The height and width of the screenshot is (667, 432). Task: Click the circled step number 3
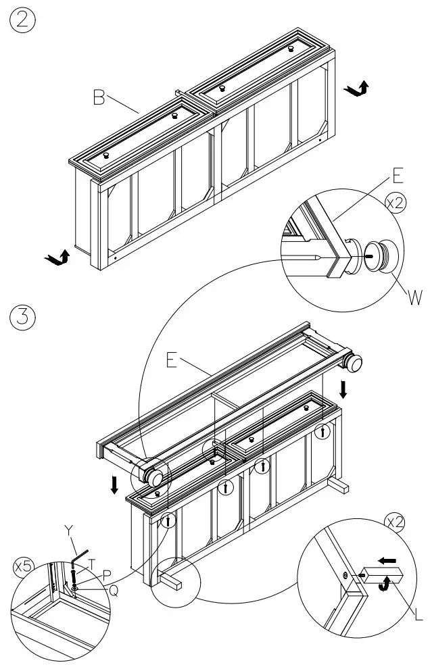(23, 317)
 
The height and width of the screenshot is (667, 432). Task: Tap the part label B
(99, 99)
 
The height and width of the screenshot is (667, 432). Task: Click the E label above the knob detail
(398, 177)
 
